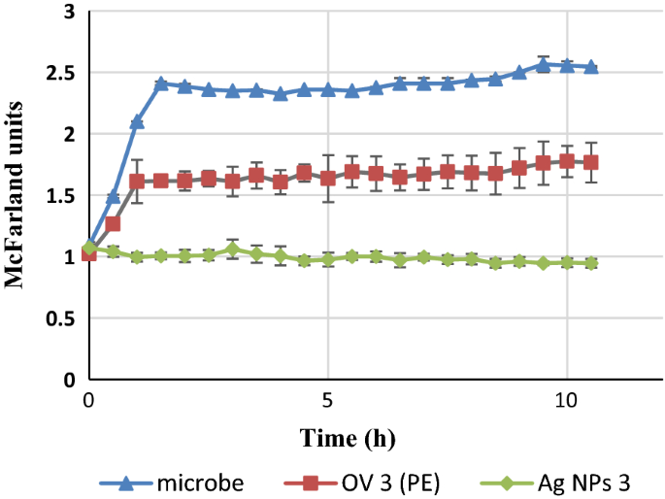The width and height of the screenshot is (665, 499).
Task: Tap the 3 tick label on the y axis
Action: [69, 13]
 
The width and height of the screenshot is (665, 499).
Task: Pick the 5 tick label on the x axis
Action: [328, 399]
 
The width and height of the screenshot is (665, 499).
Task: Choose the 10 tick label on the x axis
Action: [566, 399]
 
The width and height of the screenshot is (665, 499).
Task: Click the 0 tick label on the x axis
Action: [89, 399]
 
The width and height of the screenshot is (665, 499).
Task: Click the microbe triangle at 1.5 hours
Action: [161, 84]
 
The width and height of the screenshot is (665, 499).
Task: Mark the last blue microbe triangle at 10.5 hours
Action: [590, 67]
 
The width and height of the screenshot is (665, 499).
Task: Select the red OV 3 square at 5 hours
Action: [328, 179]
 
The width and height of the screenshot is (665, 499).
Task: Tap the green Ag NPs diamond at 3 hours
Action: [232, 249]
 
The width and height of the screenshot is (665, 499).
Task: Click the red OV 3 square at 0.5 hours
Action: [113, 224]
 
